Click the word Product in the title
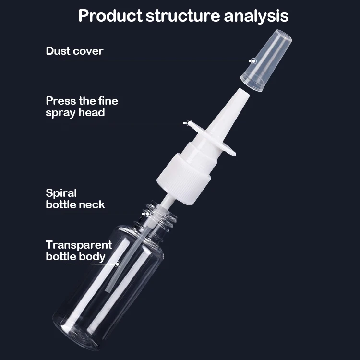point(109,16)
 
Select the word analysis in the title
point(256,16)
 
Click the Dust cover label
point(74,51)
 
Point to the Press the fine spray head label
point(82,107)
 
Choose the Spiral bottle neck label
point(75,199)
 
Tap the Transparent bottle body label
point(79,251)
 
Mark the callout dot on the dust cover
point(253,61)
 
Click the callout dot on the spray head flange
point(190,123)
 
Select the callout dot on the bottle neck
point(148,213)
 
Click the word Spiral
point(61,193)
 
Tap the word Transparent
point(79,245)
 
